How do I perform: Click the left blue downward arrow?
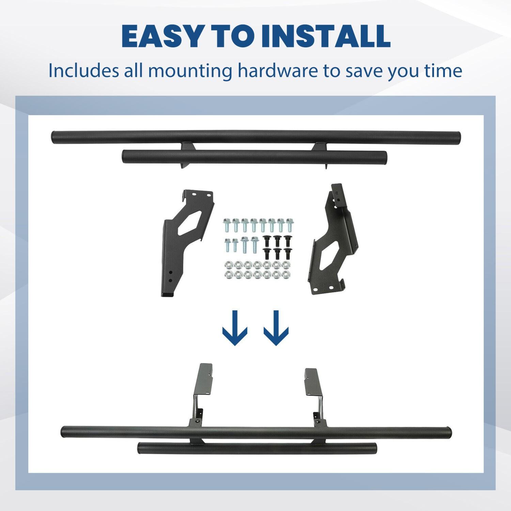click(234, 328)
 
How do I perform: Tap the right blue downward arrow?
click(276, 328)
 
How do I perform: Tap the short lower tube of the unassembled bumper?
click(254, 157)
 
